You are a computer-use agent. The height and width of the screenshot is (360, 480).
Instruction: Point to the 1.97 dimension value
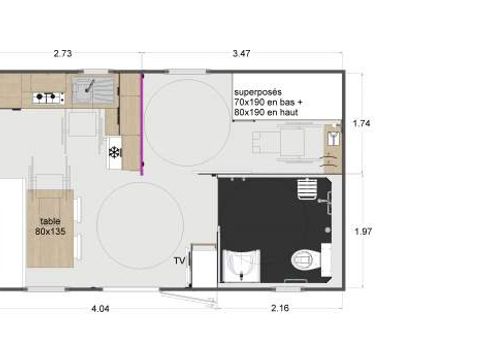pyautogui.click(x=363, y=231)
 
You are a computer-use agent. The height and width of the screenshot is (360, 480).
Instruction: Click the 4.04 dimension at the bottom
pyautogui.click(x=100, y=309)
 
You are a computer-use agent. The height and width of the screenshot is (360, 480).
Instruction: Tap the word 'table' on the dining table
pyautogui.click(x=49, y=221)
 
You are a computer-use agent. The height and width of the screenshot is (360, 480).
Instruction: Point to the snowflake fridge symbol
pyautogui.click(x=114, y=151)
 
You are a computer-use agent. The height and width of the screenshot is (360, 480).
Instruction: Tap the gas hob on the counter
pyautogui.click(x=48, y=97)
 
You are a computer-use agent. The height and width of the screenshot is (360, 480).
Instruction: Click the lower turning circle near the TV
pyautogui.click(x=143, y=225)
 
